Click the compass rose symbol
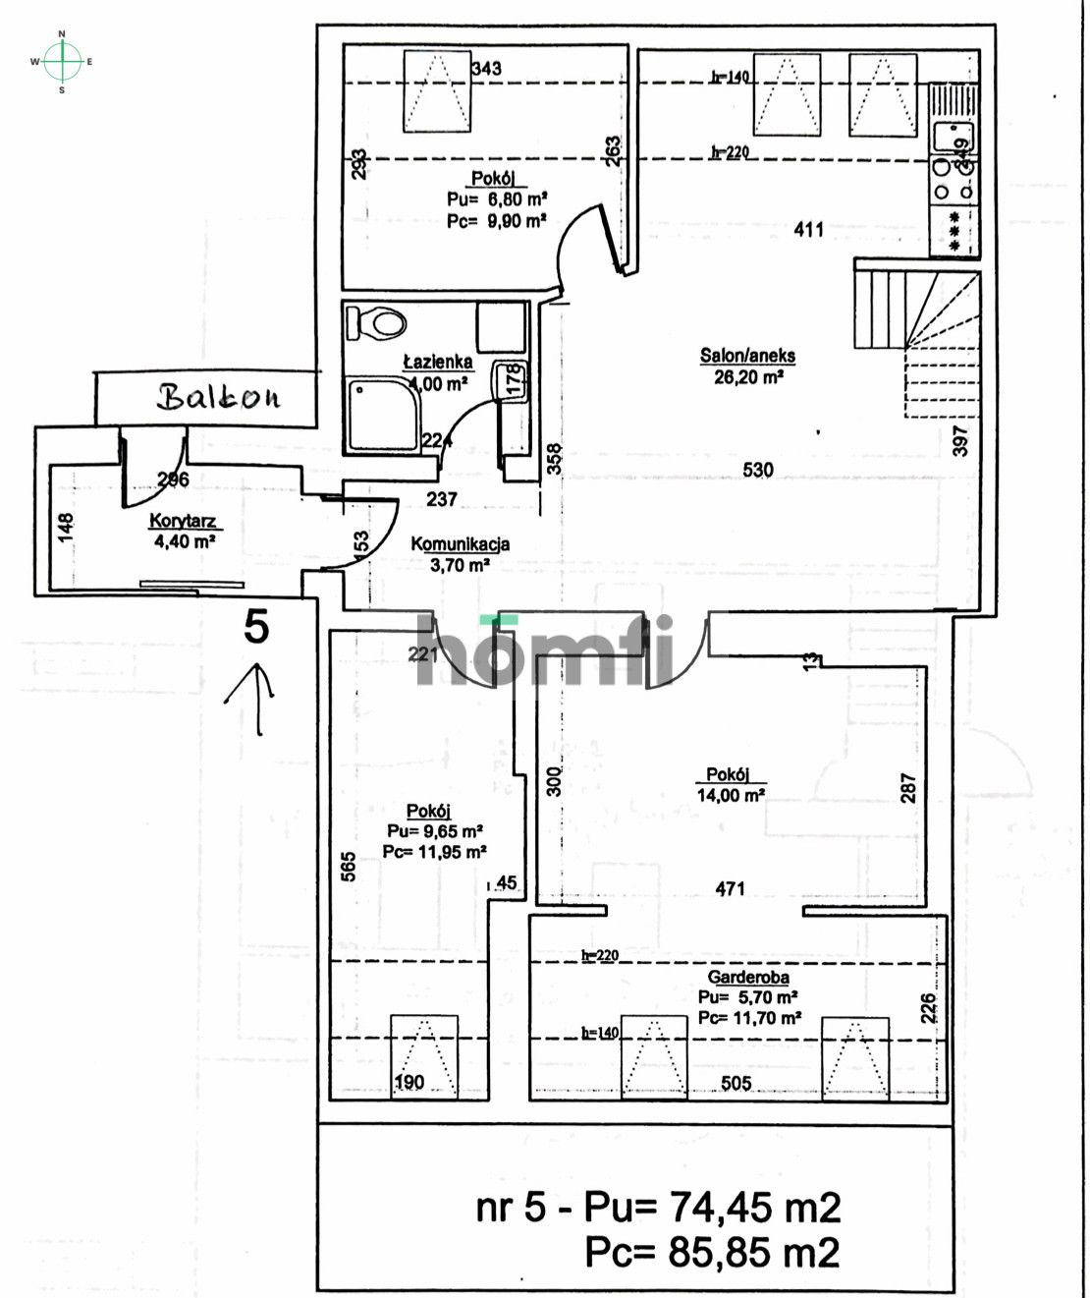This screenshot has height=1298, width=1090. (62, 62)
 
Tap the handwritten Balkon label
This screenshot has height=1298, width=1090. (218, 397)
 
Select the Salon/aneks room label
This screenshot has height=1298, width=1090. (747, 356)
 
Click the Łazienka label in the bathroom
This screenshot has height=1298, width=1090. (438, 362)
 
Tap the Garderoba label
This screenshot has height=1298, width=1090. (748, 978)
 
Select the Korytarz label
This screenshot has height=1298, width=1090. (183, 521)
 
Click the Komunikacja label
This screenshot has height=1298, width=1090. (460, 543)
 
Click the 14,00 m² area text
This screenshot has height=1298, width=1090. (731, 795)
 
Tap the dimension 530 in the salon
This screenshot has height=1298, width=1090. (757, 470)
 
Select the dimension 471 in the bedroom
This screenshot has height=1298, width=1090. (730, 888)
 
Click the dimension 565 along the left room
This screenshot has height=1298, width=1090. (349, 866)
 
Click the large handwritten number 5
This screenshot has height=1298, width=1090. (256, 627)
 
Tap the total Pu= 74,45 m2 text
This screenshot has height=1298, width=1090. (658, 1207)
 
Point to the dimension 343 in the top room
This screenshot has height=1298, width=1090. (486, 68)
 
